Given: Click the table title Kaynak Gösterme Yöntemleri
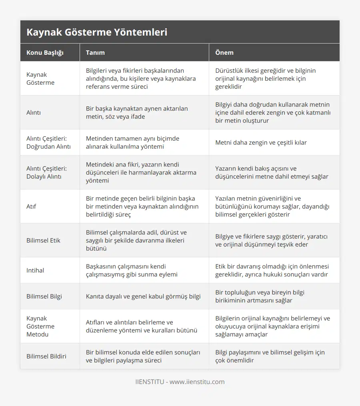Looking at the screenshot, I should pyautogui.click(x=97, y=32).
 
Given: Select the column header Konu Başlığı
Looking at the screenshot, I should pyautogui.click(x=45, y=52).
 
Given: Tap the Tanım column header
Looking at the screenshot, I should pyautogui.click(x=95, y=52).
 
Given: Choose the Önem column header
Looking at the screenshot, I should pyautogui.click(x=224, y=52).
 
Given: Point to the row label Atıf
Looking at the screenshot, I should pyautogui.click(x=32, y=206).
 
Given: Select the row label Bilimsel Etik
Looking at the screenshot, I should pyautogui.click(x=43, y=240).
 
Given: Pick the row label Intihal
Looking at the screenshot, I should pyautogui.click(x=35, y=270).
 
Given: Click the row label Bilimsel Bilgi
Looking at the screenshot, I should pyautogui.click(x=44, y=296).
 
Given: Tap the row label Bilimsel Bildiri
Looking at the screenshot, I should pyautogui.click(x=46, y=356).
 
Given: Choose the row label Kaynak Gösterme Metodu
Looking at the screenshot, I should pyautogui.click(x=40, y=326).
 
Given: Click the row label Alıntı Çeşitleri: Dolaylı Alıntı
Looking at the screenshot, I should pyautogui.click(x=46, y=172).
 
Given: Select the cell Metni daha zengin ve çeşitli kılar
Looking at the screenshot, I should pyautogui.click(x=261, y=142).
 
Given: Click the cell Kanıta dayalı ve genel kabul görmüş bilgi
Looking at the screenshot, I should pyautogui.click(x=143, y=296).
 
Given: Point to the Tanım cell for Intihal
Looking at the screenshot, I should pyautogui.click(x=132, y=270).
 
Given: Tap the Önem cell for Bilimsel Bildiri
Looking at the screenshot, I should pyautogui.click(x=270, y=356).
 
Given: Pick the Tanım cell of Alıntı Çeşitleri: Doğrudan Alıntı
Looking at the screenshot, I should pyautogui.click(x=132, y=142).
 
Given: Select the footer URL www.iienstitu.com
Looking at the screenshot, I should pyautogui.click(x=197, y=382).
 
